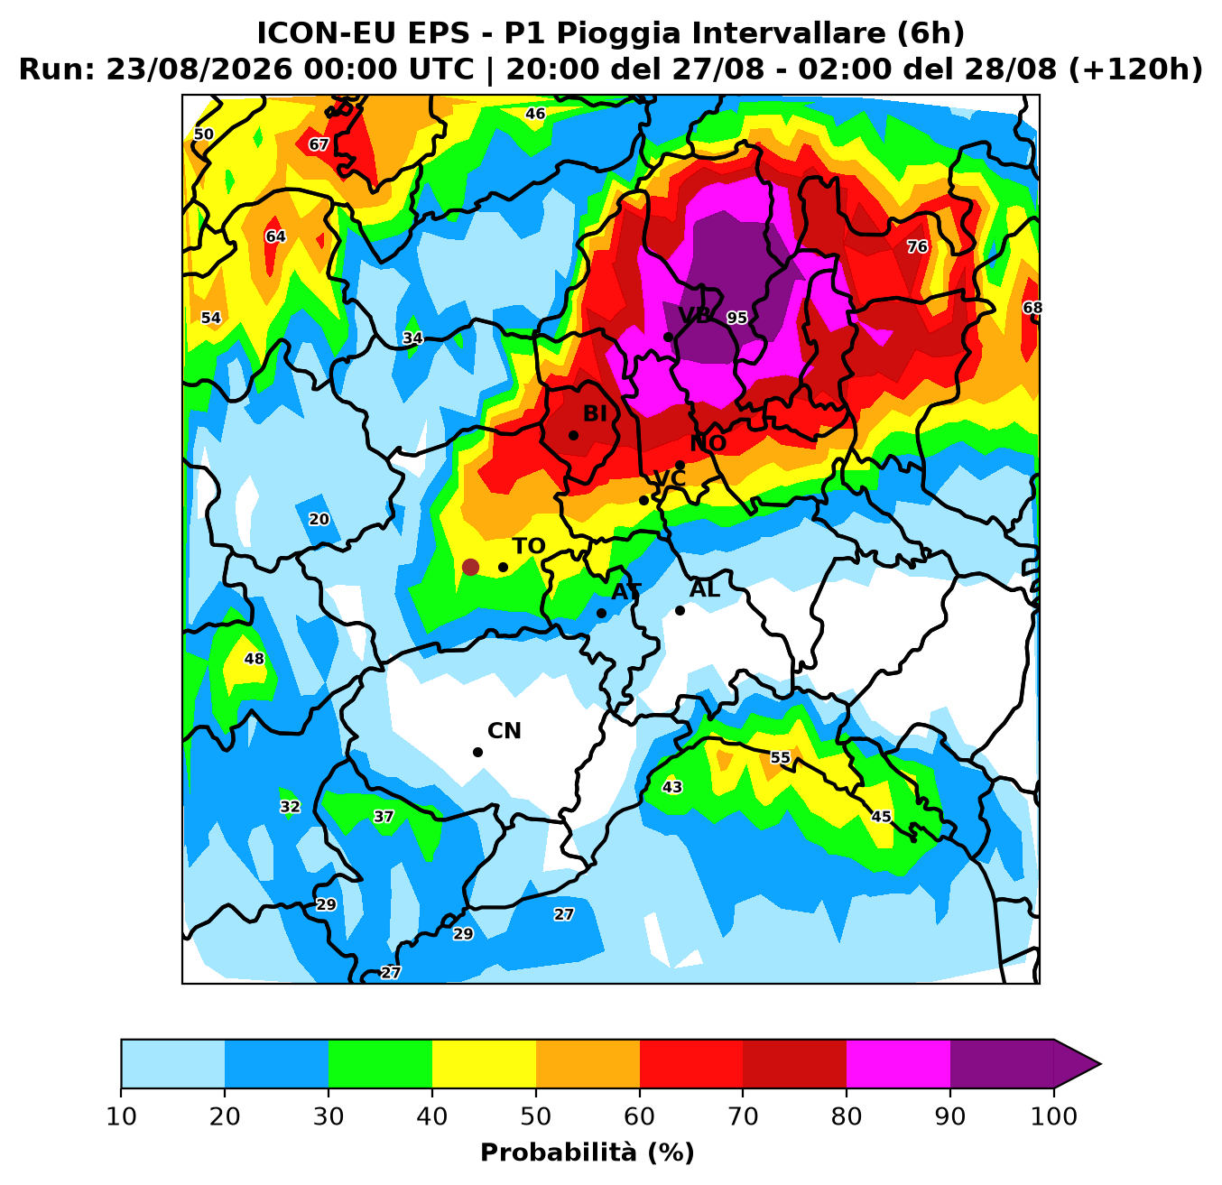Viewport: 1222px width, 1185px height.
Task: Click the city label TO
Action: pos(528,546)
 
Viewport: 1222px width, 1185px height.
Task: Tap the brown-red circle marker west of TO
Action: pos(470,567)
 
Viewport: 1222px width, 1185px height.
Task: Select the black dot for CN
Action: pos(477,752)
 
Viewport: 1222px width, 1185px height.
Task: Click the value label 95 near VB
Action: pos(736,318)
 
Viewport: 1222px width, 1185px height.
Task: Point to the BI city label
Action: pos(595,414)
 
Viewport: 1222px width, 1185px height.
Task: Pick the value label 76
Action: pos(917,246)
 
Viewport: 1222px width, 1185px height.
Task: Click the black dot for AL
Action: pos(680,610)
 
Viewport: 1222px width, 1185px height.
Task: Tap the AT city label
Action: pos(626,591)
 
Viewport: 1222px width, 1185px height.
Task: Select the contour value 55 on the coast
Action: pos(780,757)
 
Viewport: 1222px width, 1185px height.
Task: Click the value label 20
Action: pos(319,519)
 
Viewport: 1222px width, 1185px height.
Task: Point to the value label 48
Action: pos(255,659)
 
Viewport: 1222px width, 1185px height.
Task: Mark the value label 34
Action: pos(412,338)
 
